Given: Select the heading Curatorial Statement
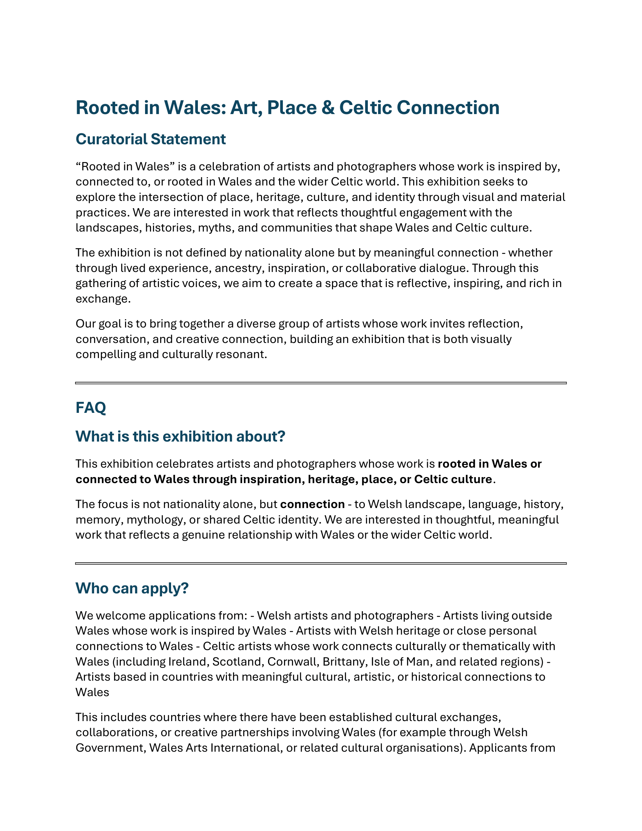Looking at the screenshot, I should [x=151, y=139].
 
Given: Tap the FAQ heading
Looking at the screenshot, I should [x=91, y=408].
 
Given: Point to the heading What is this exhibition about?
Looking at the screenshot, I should [x=180, y=436].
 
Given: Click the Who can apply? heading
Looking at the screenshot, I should [x=132, y=588].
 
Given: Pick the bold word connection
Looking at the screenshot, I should [x=312, y=504].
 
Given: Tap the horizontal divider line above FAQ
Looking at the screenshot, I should [x=321, y=383].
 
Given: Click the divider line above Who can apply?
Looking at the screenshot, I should [x=321, y=564].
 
